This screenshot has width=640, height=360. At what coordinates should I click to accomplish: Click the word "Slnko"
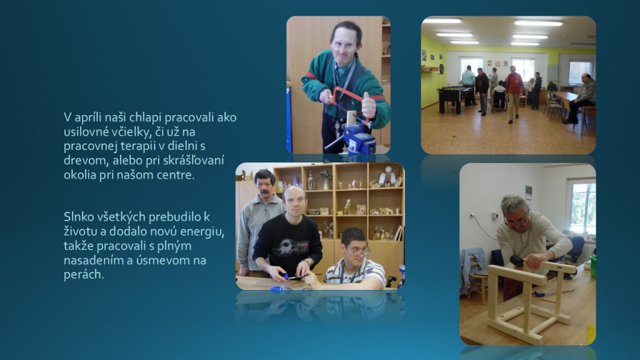pyautogui.click(x=76, y=217)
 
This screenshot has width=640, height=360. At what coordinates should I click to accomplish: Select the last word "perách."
pyautogui.click(x=84, y=275)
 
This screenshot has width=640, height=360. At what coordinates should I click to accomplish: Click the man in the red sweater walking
pyautogui.click(x=514, y=94)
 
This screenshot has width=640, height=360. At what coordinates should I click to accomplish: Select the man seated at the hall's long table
pyautogui.click(x=580, y=98)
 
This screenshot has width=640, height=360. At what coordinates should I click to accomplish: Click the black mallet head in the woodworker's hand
pyautogui.click(x=517, y=261)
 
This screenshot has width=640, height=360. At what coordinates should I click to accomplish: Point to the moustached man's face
pyautogui.click(x=265, y=187)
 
